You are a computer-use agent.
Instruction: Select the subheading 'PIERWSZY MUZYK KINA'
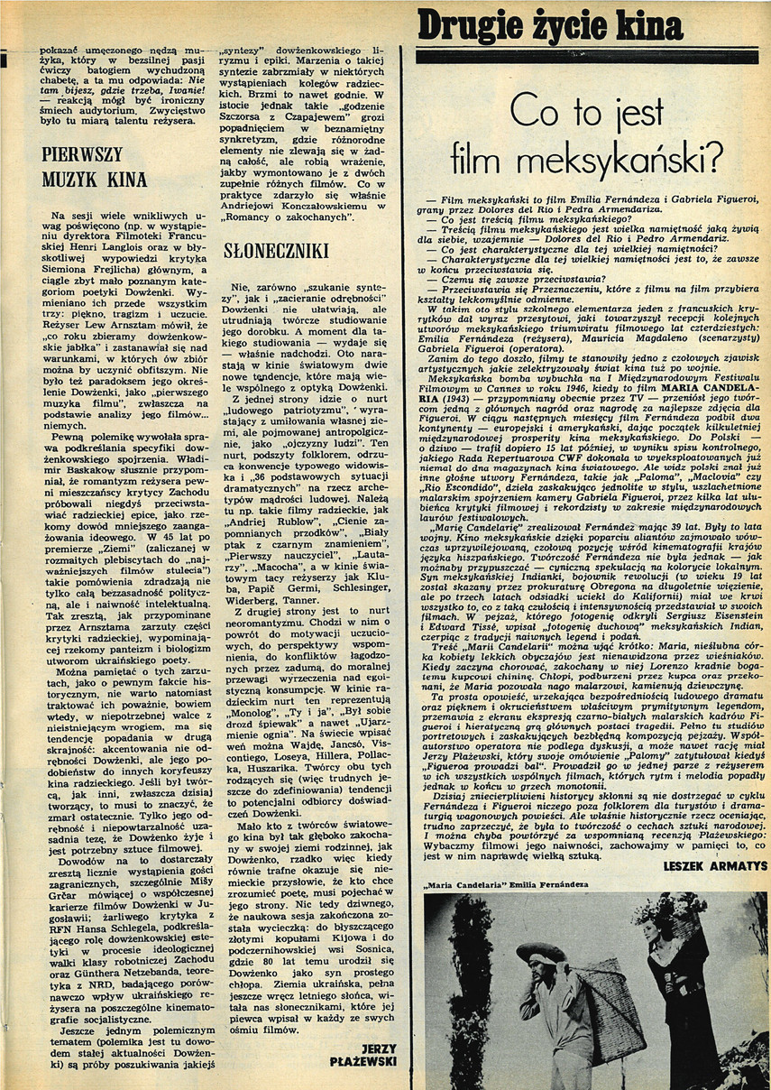click(x=95, y=167)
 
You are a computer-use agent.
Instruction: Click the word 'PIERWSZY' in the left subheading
click(x=82, y=153)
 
